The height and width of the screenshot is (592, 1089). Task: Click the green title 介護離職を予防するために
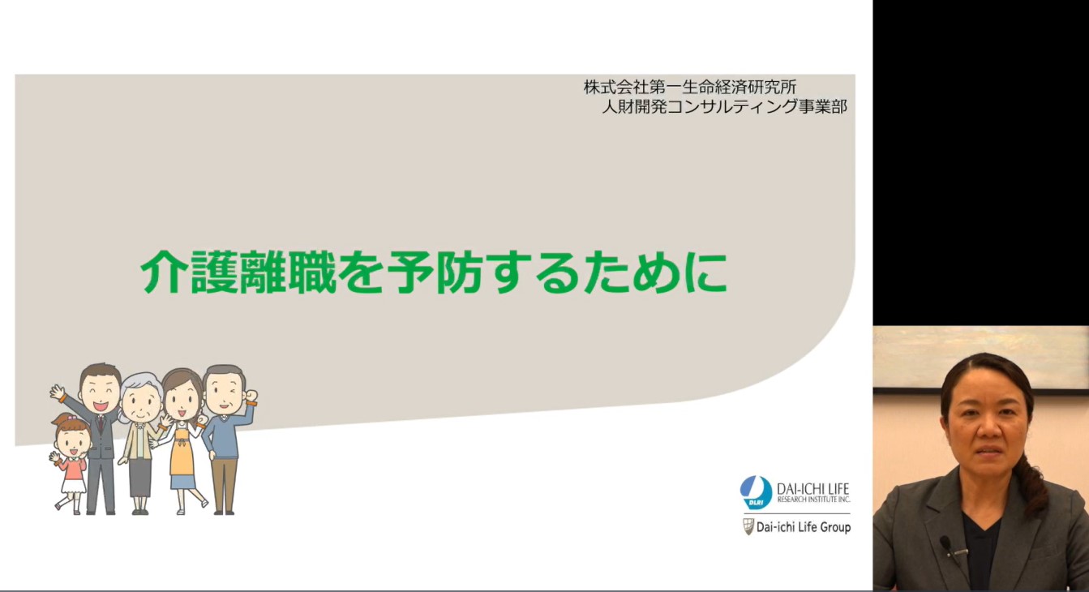tap(434, 272)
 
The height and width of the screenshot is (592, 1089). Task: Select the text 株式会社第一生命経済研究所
tap(690, 88)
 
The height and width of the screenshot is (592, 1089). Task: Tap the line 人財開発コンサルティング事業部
tap(724, 106)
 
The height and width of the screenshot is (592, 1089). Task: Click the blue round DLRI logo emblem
tap(756, 493)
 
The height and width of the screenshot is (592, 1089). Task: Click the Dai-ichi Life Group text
tap(803, 527)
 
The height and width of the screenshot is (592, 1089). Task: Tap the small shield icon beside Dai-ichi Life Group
tap(748, 527)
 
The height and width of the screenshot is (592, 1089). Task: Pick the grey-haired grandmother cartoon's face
tap(141, 403)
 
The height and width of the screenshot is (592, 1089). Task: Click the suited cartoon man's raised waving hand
tap(58, 393)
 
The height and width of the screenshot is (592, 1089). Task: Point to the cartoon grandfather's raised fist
tap(251, 396)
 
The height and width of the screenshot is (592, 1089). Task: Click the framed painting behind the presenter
tap(980, 358)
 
